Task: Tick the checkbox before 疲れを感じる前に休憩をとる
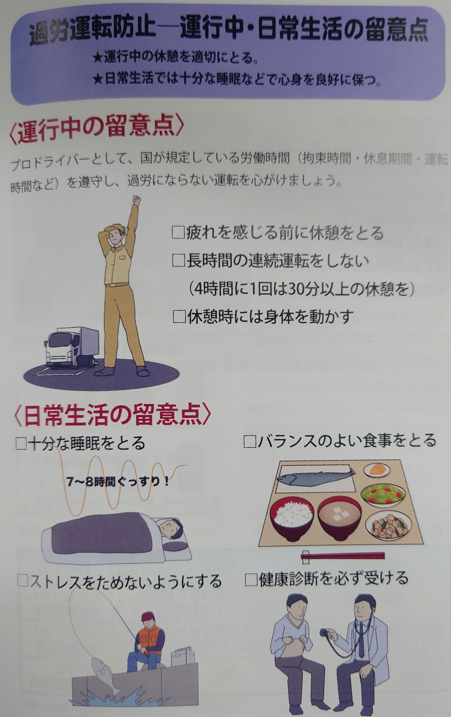179,233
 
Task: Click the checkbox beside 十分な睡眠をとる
22,443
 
